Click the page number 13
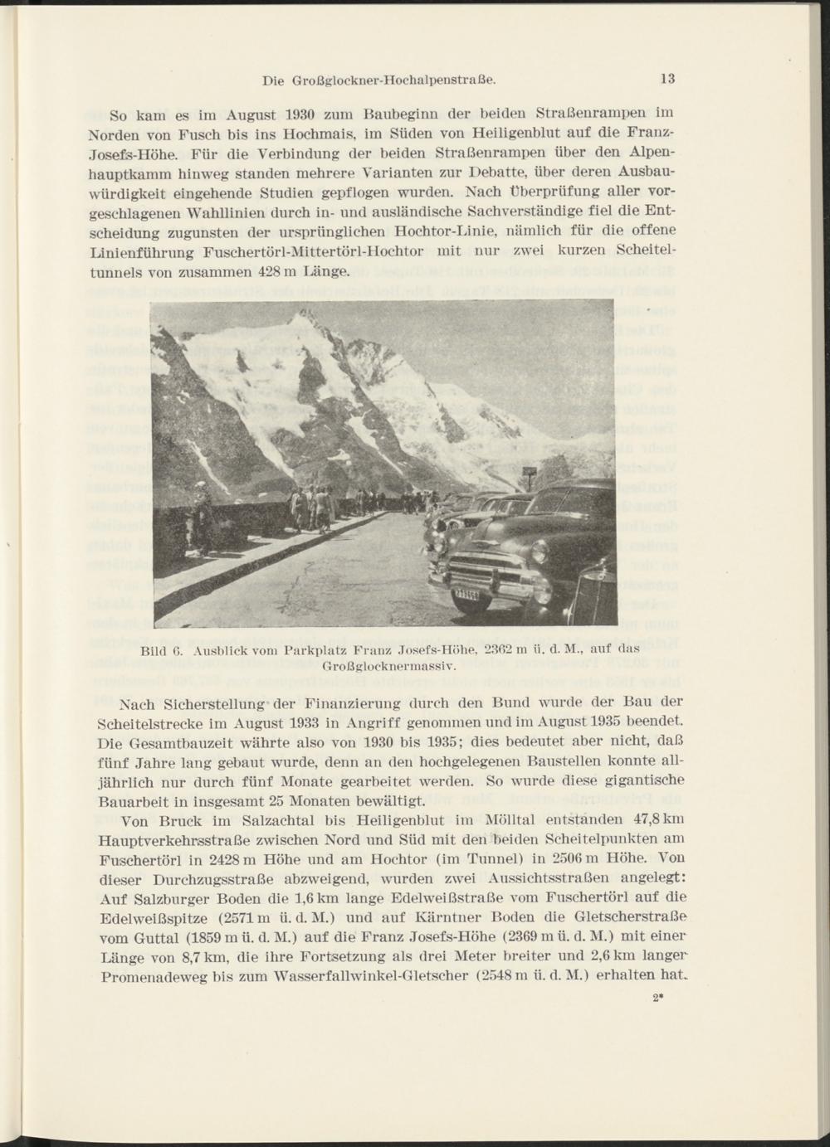point(668,80)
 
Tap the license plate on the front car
point(467,595)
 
